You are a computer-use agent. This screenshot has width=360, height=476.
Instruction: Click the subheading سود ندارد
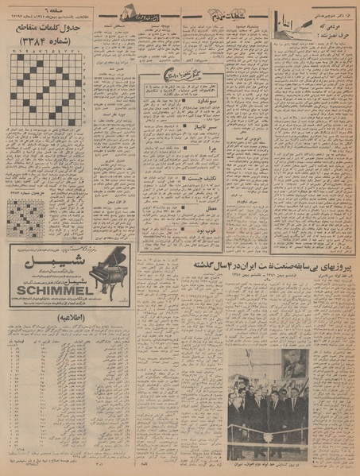[197, 103]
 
